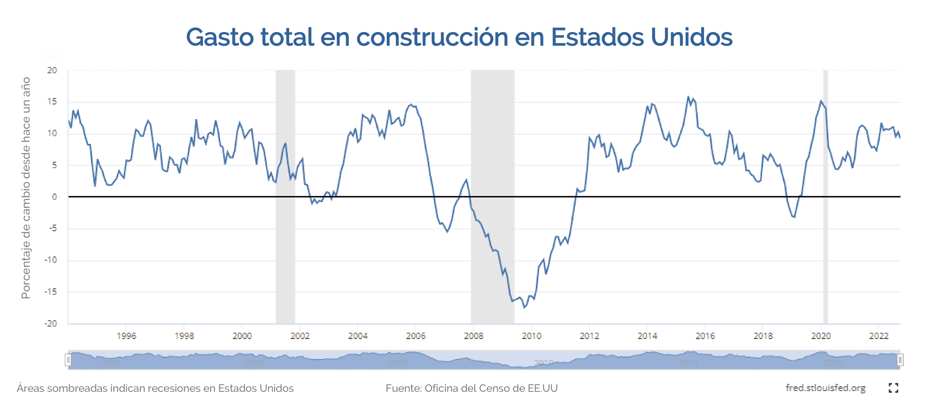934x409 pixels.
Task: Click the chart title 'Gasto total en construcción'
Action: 459,37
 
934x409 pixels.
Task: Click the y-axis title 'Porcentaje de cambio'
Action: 26,188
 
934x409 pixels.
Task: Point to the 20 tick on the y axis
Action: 52,70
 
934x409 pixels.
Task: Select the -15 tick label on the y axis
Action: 51,292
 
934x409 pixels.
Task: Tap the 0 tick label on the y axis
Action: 54,197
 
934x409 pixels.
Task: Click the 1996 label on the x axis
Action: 126,336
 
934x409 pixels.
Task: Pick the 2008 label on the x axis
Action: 473,336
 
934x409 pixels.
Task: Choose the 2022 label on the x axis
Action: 879,336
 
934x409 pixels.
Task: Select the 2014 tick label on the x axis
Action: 647,336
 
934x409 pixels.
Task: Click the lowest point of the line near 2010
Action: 525,307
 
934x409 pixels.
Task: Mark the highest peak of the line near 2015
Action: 688,97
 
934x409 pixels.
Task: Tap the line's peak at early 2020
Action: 821,101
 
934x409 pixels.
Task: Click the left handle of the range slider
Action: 68,360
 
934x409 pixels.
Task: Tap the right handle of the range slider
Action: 900,360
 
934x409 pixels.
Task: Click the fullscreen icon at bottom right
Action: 893,388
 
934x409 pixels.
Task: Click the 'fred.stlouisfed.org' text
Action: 825,388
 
